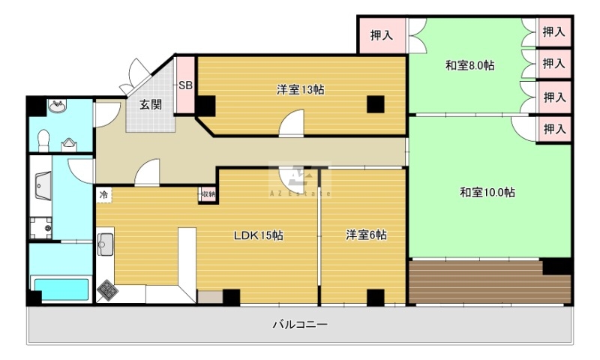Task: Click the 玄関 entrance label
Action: (151, 104)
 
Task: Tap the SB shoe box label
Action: (185, 85)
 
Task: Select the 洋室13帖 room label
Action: (301, 89)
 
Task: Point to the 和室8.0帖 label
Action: (470, 65)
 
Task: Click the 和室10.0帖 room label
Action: (487, 192)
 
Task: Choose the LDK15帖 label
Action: (259, 235)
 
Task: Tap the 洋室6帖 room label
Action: (366, 235)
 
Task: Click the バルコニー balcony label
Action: (300, 325)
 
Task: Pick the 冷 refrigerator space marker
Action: (103, 194)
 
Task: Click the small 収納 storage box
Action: (208, 194)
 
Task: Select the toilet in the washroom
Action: (43, 140)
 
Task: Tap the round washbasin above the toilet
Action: (58, 106)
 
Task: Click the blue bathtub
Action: (61, 289)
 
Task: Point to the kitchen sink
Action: (105, 244)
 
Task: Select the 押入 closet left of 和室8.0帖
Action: (382, 35)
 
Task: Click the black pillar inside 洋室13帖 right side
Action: (376, 104)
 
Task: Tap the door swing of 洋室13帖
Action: (291, 123)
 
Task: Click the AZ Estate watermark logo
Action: (300, 180)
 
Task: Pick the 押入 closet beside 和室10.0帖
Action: (553, 129)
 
